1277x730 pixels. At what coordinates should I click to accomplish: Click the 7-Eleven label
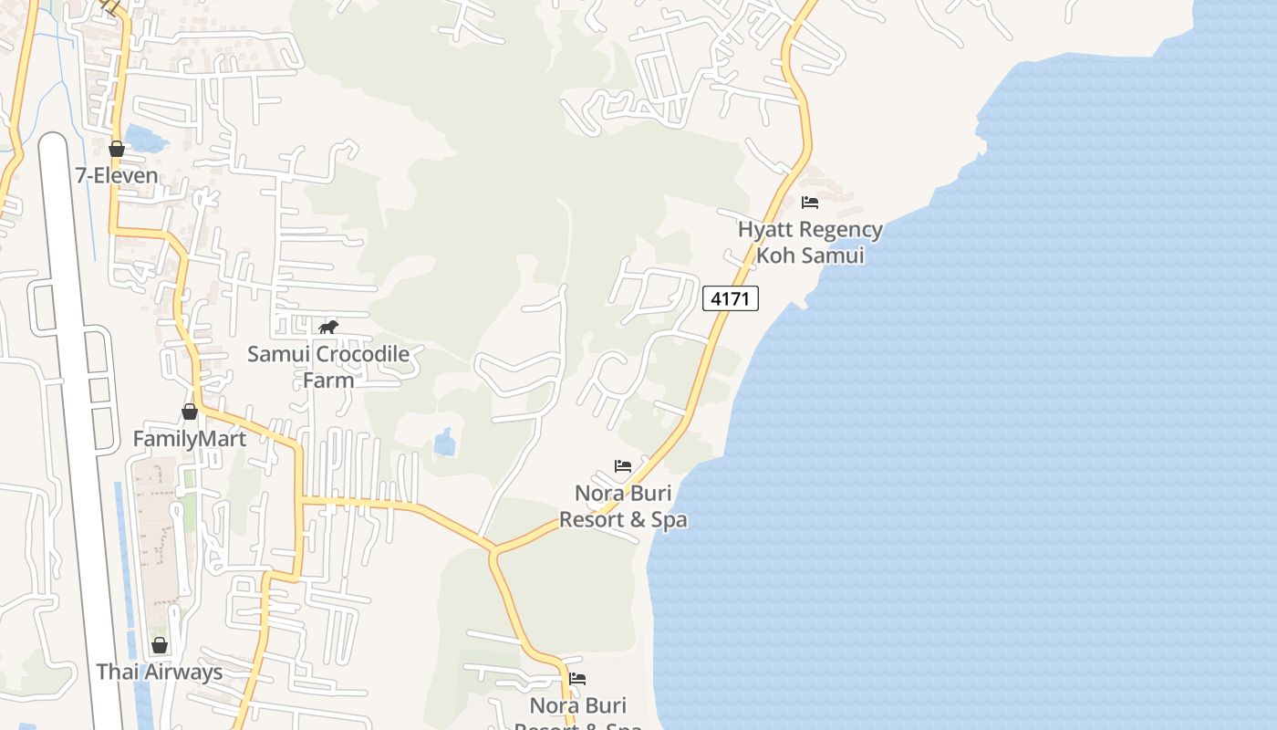coord(116,174)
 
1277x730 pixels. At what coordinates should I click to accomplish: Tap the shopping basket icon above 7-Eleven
coord(117,148)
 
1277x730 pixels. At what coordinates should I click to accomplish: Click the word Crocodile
coord(361,354)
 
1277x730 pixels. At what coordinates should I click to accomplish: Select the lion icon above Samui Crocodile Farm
coord(328,327)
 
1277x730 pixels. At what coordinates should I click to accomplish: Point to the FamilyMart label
coord(189,439)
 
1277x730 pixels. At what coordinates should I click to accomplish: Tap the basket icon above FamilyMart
coord(190,412)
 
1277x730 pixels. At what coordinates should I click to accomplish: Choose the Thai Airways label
coord(160,673)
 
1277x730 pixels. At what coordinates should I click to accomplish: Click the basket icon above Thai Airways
coord(160,646)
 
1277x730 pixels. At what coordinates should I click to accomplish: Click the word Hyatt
coord(767,229)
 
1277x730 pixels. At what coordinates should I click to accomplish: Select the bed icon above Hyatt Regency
coord(810,203)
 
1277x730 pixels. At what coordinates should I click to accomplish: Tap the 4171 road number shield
coord(731,298)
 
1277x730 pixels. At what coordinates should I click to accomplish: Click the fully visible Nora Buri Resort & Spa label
coord(623,506)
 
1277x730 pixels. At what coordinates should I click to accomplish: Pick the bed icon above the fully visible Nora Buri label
coord(623,466)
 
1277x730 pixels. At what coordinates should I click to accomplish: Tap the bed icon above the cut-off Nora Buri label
coord(577,679)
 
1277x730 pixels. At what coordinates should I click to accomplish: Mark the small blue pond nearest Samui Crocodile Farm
coord(445,443)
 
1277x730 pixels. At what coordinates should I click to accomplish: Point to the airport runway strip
coord(78,411)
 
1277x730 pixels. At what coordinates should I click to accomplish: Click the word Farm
coord(328,380)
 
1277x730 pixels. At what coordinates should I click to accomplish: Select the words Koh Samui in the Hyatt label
coord(810,255)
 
